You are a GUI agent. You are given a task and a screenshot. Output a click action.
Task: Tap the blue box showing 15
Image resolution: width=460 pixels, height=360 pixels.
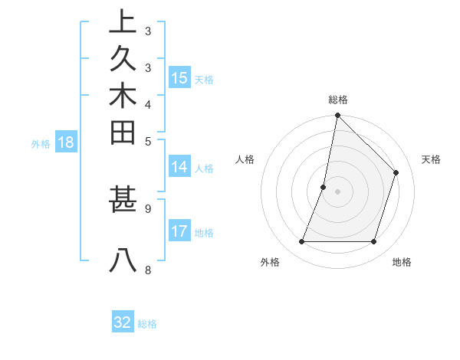[179, 77]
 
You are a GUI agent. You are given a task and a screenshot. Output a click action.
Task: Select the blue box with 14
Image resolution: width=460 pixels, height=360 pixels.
[179, 167]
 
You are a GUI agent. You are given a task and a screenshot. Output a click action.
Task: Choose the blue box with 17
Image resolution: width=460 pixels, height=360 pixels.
[179, 231]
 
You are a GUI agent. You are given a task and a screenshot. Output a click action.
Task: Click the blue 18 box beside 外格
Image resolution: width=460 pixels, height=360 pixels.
[66, 142]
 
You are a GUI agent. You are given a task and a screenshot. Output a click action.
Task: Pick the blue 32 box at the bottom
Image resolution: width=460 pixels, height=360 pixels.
[123, 322]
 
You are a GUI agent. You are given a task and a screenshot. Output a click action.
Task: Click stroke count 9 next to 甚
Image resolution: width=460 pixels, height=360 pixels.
[147, 208]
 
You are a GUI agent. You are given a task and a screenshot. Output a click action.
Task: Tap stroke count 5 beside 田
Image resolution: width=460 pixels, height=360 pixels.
[147, 141]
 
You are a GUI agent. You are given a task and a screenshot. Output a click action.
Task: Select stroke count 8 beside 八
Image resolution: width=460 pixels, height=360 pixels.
[147, 270]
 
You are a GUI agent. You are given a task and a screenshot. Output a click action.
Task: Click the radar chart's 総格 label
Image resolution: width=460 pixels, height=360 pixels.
[337, 100]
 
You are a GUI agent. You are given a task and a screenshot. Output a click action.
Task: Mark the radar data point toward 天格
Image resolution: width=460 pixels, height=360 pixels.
[396, 172]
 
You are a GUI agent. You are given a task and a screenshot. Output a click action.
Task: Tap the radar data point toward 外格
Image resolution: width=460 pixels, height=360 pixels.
[301, 242]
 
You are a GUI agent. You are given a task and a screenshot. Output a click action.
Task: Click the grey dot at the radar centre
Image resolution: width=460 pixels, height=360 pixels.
[337, 191]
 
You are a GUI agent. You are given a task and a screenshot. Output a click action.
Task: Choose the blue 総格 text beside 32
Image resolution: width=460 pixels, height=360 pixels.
[148, 324]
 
